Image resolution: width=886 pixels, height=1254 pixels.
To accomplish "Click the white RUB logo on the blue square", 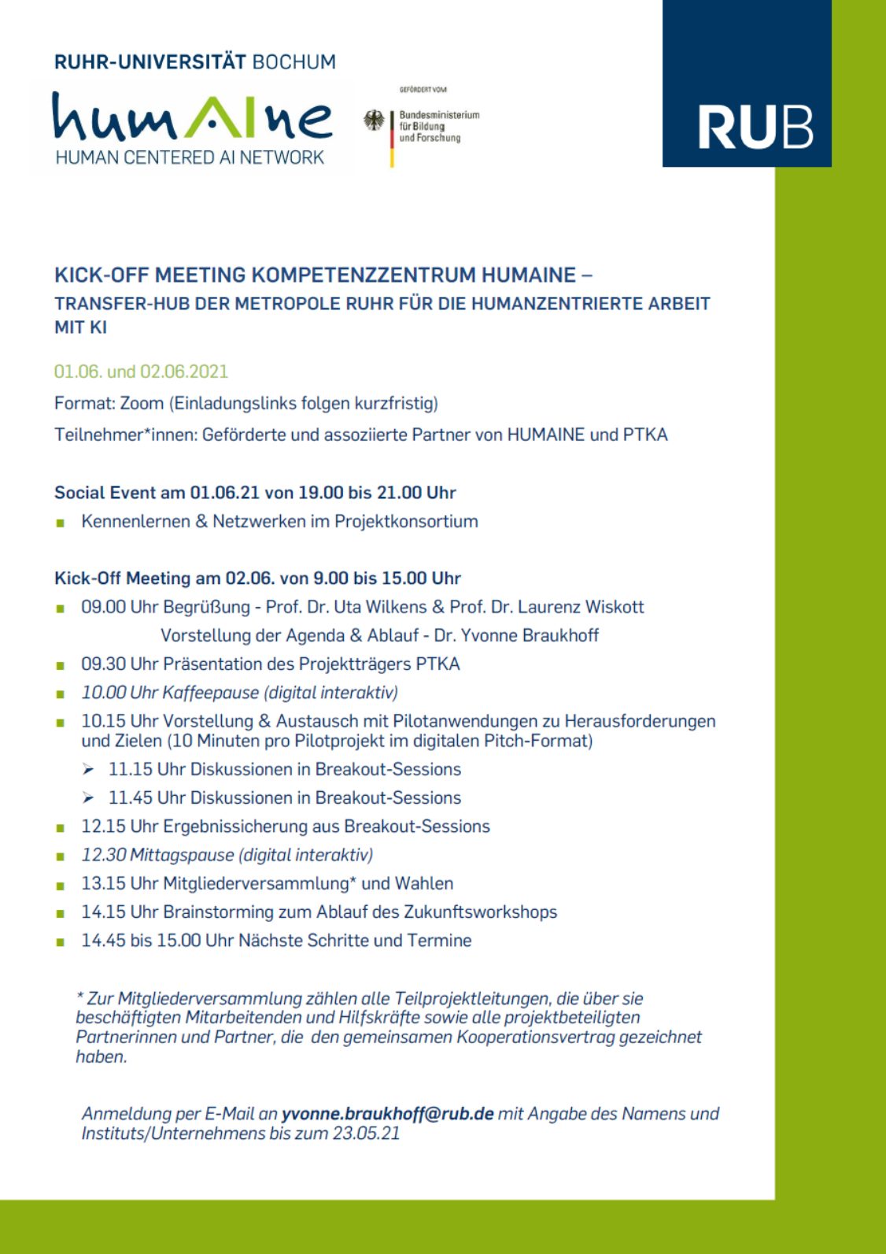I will (755, 127).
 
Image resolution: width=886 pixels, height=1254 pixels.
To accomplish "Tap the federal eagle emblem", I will (374, 120).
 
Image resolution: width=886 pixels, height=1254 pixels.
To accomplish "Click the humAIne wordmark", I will (192, 117).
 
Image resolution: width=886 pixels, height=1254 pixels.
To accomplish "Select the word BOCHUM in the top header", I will (293, 62).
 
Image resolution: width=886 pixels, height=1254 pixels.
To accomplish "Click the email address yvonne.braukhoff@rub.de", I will (387, 1113).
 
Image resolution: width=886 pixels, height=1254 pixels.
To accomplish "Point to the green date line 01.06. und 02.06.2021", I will (141, 372).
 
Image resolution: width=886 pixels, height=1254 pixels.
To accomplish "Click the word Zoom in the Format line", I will (142, 403).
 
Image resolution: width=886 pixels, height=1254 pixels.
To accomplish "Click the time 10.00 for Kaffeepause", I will (103, 693).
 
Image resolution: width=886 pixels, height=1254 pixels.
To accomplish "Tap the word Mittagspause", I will (182, 855).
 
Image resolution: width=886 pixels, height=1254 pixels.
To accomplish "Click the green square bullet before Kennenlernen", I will (61, 522).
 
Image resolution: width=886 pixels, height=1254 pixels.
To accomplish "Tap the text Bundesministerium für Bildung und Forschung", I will (438, 126).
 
